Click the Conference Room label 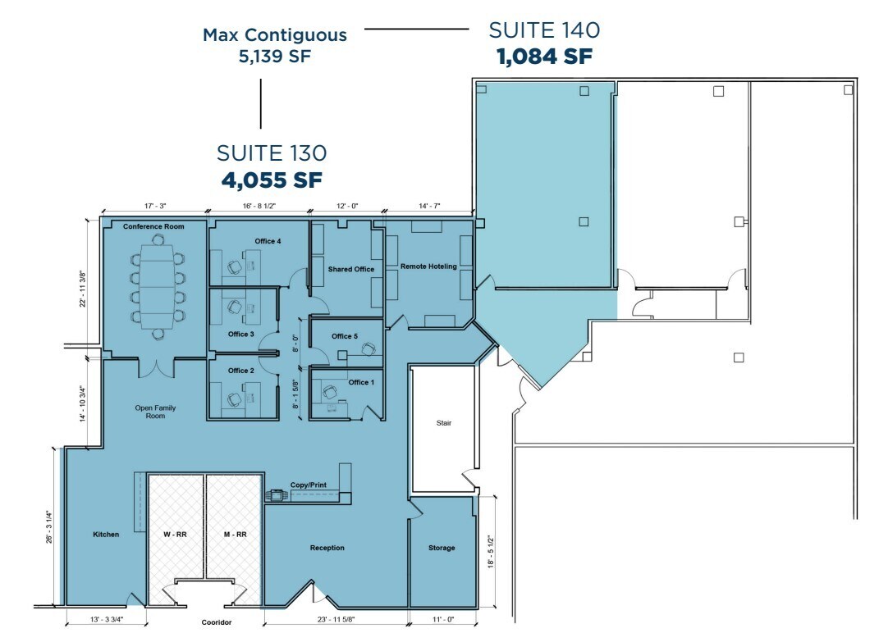[153, 226]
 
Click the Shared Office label [351, 269]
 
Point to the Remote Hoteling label [428, 266]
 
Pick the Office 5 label [345, 336]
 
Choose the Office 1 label [361, 383]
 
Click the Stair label [444, 424]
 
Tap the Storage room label [442, 548]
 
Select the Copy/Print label [309, 485]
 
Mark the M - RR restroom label [235, 534]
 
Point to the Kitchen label [106, 535]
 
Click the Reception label [327, 548]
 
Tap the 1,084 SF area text [544, 57]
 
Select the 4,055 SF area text [272, 179]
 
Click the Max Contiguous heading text [275, 35]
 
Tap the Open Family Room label [155, 412]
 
